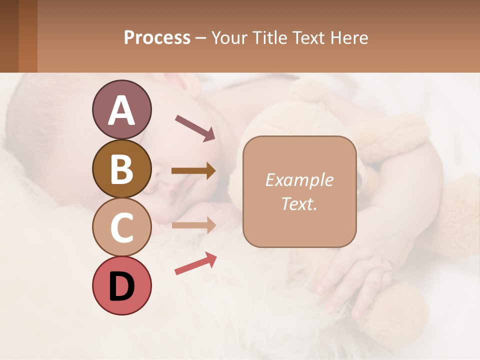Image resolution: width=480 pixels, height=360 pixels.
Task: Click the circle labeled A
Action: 121,110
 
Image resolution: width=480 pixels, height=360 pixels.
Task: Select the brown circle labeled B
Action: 121,169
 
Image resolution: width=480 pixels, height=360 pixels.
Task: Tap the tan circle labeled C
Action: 121,227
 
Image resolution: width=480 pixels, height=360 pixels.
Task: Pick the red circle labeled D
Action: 121,285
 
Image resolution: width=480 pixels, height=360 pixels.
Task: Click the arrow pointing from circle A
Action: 194,127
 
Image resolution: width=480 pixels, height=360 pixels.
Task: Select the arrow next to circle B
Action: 193,171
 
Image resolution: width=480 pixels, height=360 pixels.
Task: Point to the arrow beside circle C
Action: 193,225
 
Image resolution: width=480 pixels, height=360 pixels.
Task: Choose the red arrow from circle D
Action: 195,263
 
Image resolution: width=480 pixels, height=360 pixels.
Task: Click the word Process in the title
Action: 157,38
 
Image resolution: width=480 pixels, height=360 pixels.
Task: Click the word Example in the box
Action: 299,180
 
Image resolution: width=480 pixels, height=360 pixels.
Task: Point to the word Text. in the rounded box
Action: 299,204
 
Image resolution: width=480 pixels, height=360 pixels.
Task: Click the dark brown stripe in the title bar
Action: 9,36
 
